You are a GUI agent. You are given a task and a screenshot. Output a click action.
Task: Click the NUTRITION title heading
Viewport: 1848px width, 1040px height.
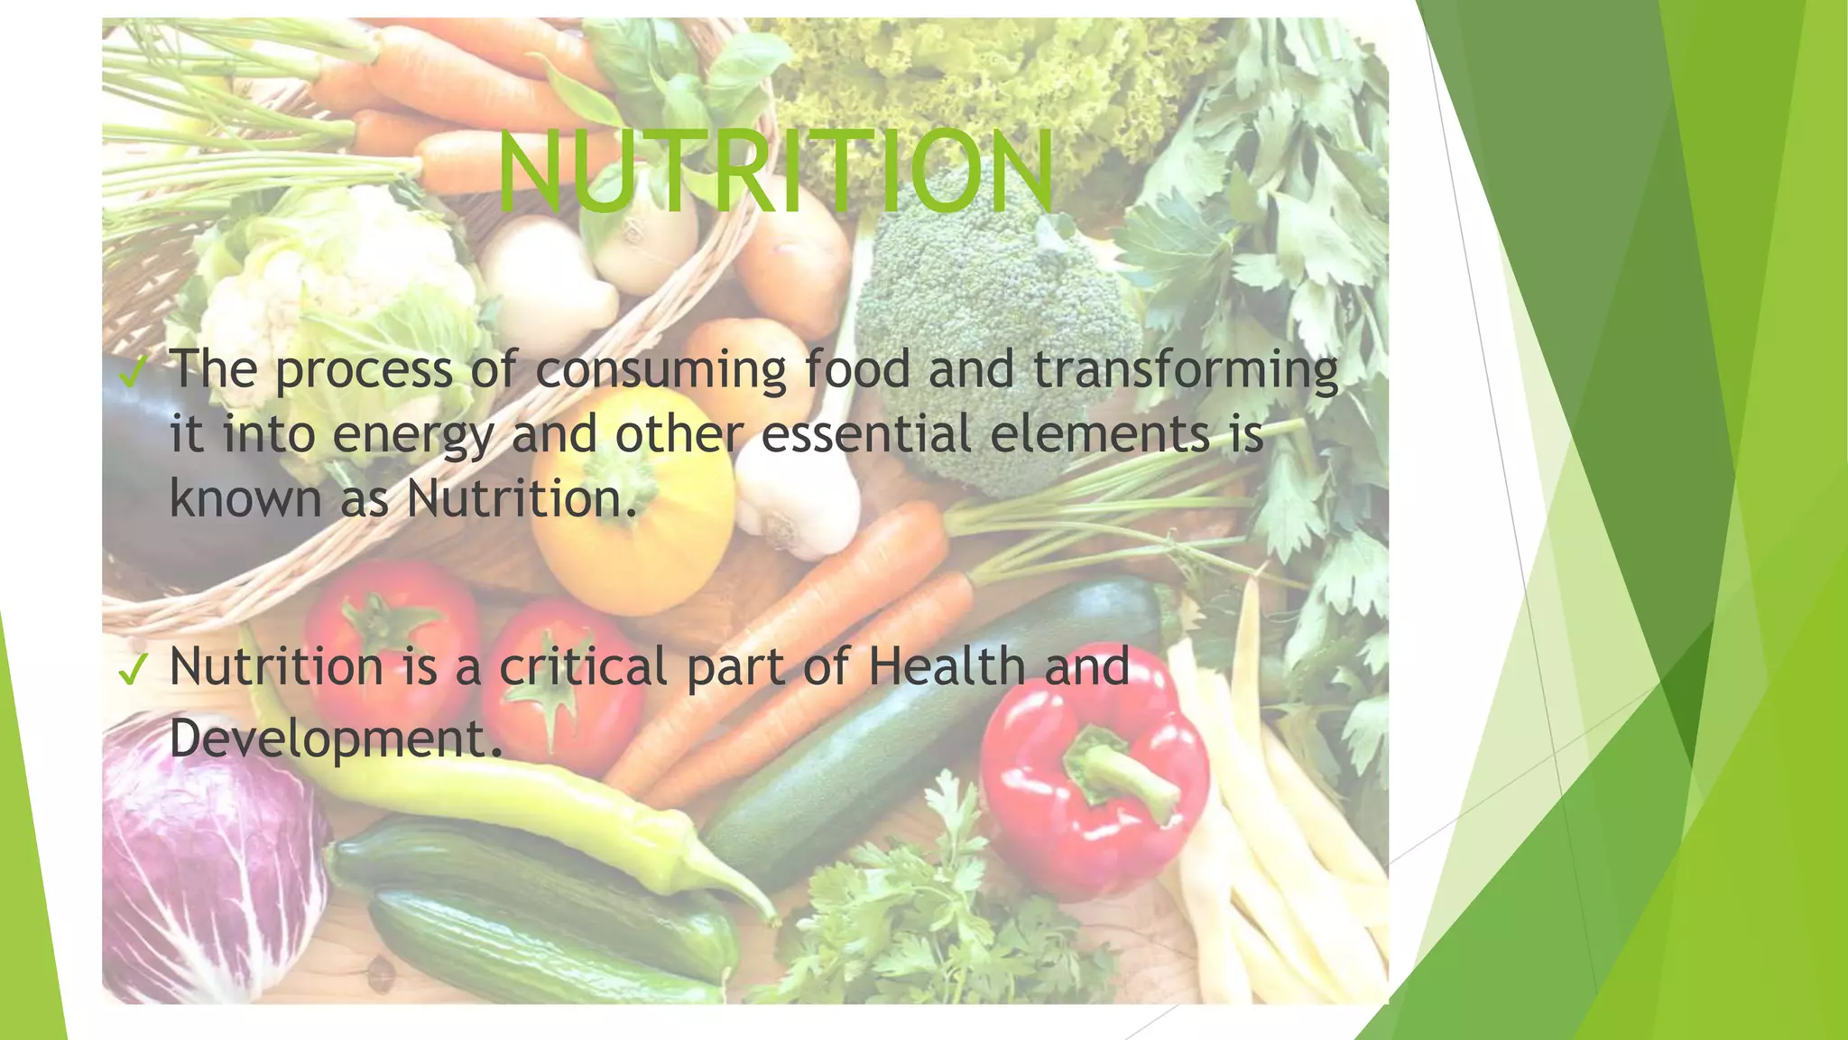[776, 172]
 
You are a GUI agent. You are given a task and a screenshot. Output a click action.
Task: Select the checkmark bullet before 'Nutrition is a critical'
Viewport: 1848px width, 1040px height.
[132, 669]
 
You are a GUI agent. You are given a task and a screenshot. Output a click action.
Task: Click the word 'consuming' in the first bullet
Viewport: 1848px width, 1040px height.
[661, 370]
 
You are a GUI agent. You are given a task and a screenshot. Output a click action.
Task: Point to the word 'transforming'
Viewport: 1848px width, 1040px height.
[1185, 370]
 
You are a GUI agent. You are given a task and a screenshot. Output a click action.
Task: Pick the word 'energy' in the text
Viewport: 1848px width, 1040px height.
[414, 435]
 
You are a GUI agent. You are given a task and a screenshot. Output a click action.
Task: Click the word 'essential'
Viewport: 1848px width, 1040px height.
[866, 433]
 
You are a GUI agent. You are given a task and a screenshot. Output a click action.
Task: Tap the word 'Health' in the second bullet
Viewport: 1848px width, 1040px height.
[947, 666]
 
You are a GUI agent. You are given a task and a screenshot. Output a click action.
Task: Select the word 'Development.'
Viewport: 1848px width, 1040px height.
[336, 738]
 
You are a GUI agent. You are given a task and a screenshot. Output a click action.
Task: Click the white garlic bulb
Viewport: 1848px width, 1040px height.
[799, 506]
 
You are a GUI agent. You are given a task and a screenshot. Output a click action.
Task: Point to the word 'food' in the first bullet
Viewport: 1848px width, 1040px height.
[856, 370]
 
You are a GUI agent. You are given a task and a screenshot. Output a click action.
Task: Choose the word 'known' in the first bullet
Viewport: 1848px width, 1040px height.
[245, 498]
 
